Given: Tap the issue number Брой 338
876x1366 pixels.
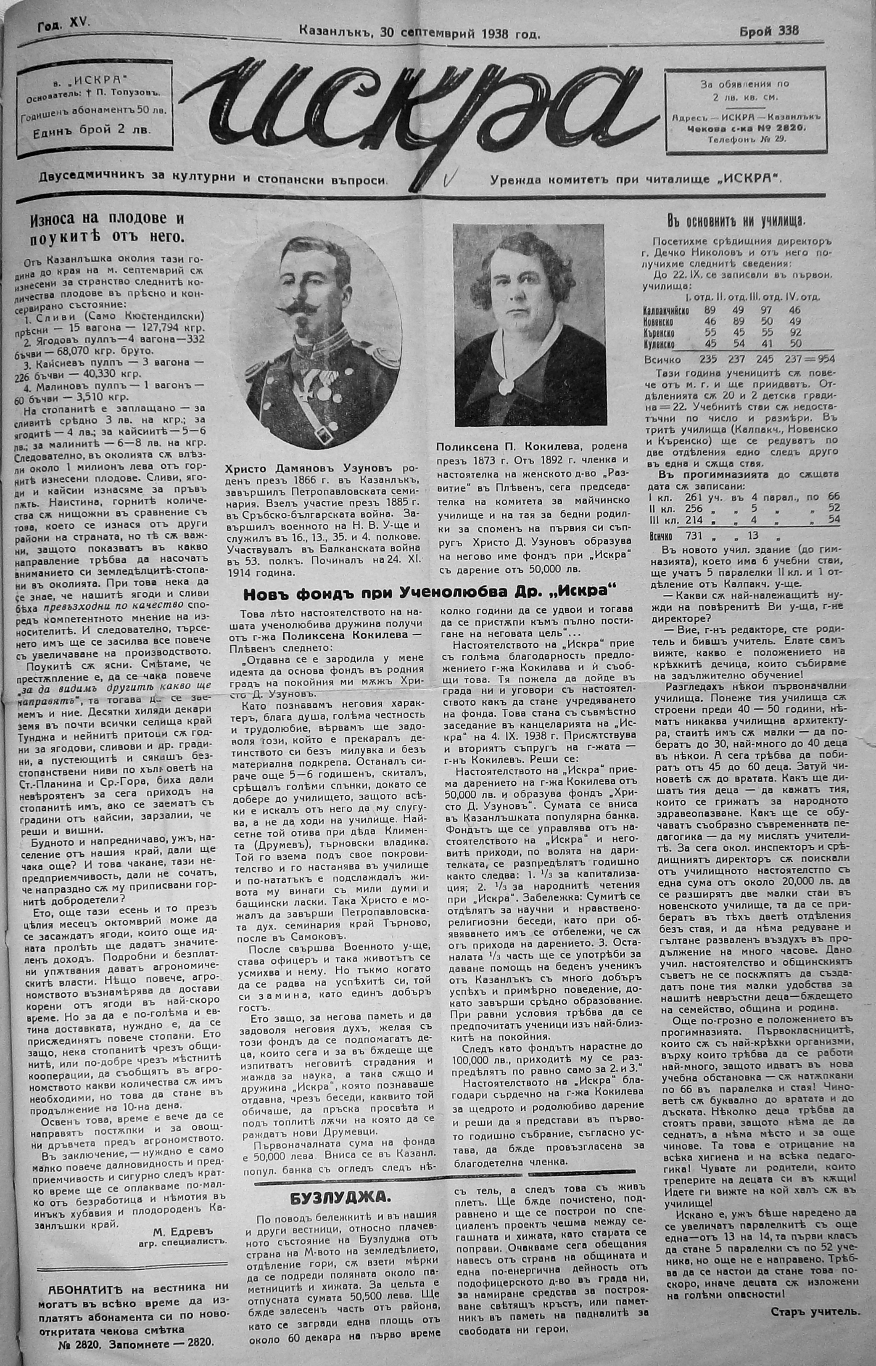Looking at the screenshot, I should [769, 31].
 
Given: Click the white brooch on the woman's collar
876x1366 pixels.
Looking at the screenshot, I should [504, 387].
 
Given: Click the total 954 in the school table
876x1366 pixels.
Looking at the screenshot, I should [823, 360].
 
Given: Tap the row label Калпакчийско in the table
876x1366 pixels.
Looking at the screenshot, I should [666, 311].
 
